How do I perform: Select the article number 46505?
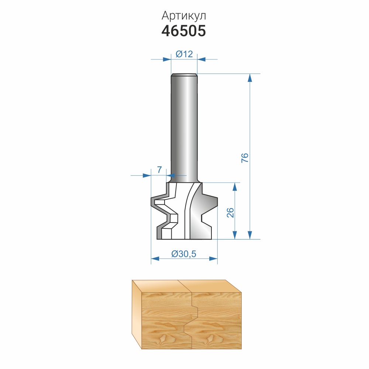pyautogui.click(x=184, y=31)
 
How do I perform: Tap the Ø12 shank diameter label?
pyautogui.click(x=184, y=54)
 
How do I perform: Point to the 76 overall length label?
pyautogui.click(x=245, y=158)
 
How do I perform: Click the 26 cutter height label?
pyautogui.click(x=230, y=213)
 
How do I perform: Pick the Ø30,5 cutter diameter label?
pyautogui.click(x=184, y=254)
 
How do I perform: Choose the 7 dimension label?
pyautogui.click(x=159, y=169)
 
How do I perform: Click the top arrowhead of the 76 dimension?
pyautogui.click(x=250, y=78)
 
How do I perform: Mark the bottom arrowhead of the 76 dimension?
pyautogui.click(x=250, y=235)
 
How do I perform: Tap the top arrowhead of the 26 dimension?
pyautogui.click(x=235, y=187)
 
